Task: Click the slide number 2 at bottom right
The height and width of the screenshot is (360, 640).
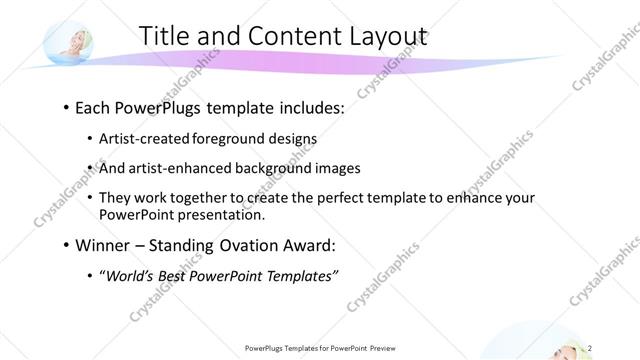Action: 603,348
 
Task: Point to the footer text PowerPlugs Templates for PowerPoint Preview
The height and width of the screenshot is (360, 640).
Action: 319,348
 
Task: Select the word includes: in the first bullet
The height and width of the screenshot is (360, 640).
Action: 309,107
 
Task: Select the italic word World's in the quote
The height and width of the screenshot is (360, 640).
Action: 133,275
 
